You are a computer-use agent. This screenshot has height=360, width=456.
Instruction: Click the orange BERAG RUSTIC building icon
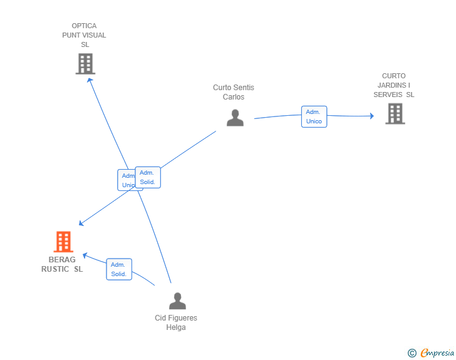click(63, 242)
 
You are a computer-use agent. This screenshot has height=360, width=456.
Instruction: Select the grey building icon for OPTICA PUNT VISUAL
click(85, 64)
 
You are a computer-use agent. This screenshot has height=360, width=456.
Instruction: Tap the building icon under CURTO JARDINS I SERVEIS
click(395, 114)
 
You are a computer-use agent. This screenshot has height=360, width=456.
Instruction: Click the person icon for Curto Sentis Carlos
click(235, 118)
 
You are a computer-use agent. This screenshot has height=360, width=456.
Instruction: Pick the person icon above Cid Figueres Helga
click(177, 301)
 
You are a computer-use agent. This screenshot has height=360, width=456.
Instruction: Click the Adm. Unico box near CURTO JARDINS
click(314, 116)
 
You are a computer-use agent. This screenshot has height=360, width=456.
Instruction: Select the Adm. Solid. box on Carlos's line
click(148, 177)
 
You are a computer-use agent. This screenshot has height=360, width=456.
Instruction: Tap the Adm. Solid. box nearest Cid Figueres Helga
click(119, 269)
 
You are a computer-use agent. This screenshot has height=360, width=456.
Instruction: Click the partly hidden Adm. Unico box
click(127, 180)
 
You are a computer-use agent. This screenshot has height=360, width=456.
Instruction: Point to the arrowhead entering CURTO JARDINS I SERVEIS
click(371, 116)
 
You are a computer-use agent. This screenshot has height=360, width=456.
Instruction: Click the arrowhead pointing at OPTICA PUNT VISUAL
click(90, 80)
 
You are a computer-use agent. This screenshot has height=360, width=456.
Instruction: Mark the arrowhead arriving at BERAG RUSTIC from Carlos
click(81, 223)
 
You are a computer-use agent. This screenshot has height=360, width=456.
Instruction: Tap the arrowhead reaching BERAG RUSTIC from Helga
click(85, 255)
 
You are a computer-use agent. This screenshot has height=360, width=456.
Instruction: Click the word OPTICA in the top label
click(84, 26)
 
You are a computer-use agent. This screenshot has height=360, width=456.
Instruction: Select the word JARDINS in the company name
click(391, 85)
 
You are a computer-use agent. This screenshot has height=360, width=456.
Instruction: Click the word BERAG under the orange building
click(62, 259)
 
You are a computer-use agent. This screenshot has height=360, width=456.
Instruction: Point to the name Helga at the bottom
click(176, 327)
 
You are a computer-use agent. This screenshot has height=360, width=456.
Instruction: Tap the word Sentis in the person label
click(245, 88)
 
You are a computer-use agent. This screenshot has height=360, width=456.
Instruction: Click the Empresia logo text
click(437, 353)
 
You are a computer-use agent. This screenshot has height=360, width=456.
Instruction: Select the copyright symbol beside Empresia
click(412, 353)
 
